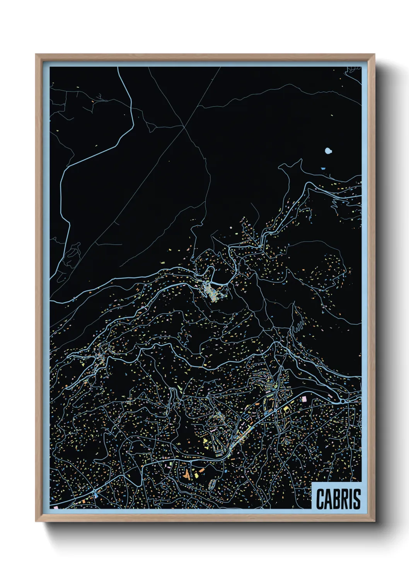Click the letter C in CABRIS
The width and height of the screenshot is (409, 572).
click(320, 499)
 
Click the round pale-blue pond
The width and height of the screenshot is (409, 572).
click(328, 151)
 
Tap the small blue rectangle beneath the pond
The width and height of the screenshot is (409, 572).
click(323, 169)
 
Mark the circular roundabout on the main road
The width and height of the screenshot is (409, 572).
click(343, 402)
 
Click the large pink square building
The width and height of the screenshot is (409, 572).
click(304, 398)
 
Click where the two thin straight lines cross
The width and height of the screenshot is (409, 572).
click(185, 126)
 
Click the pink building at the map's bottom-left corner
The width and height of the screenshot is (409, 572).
click(56, 506)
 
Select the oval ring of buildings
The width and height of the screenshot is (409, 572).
click(212, 484)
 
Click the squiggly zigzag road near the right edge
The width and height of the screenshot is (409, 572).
click(333, 205)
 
